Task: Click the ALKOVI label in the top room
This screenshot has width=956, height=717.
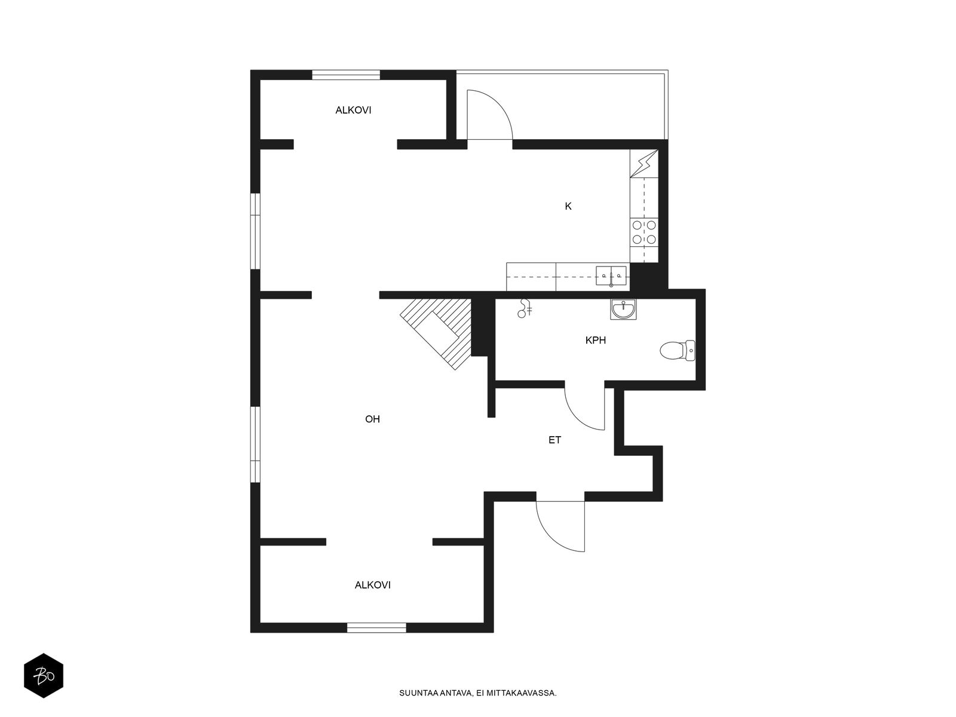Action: tap(353, 111)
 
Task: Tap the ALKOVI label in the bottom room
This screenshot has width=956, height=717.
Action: tap(372, 585)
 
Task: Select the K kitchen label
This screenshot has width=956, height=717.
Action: tap(568, 206)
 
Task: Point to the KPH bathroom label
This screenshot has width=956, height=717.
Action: tap(595, 341)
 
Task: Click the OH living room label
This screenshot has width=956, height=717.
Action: tap(372, 419)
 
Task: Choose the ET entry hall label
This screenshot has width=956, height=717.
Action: tap(554, 440)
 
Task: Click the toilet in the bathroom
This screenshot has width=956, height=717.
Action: tap(677, 351)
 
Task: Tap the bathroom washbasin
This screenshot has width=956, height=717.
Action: tap(623, 310)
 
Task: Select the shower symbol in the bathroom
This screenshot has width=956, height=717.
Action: tap(525, 308)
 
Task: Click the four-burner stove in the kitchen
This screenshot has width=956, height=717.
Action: tap(644, 232)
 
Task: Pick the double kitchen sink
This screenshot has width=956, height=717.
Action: tap(611, 276)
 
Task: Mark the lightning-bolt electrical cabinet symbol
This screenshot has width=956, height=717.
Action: tap(644, 164)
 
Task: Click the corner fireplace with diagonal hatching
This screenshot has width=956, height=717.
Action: tap(436, 334)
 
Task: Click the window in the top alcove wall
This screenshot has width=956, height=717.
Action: tap(346, 75)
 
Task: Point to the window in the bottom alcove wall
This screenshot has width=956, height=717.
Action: tap(376, 628)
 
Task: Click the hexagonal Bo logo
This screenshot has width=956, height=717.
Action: tap(44, 676)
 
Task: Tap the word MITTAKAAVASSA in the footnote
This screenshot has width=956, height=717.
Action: tap(525, 693)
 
